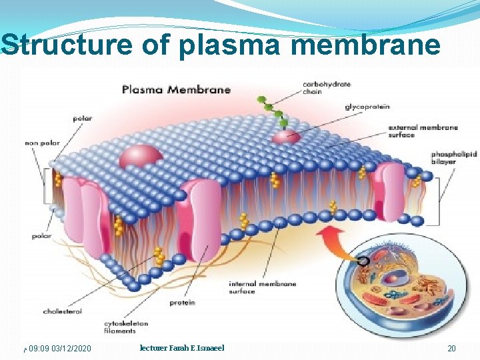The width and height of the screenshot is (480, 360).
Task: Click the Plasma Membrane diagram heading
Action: tap(176, 89)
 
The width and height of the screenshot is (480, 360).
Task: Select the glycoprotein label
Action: tap(367, 107)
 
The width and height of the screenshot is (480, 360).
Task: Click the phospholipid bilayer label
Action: tap(454, 157)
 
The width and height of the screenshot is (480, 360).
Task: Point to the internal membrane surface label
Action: tap(263, 287)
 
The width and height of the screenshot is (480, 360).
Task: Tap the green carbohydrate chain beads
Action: tap(273, 110)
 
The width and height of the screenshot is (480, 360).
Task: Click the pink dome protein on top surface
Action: tap(141, 157)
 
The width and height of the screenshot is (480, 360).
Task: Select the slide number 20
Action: tap(451, 349)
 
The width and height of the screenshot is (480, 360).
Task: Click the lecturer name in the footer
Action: tap(182, 348)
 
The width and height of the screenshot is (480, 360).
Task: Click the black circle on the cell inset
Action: tap(363, 261)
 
